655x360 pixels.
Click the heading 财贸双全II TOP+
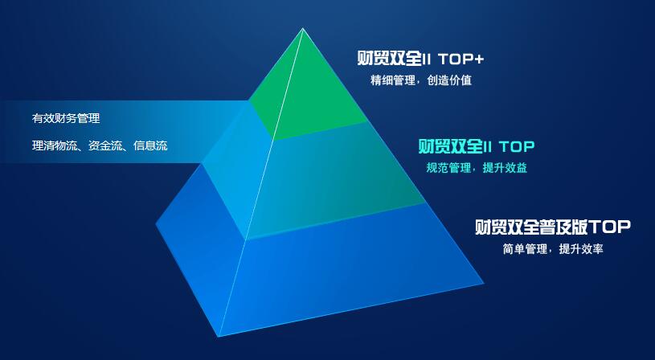tap(420, 59)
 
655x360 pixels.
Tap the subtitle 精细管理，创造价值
tap(421, 80)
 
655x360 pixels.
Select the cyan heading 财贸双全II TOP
tap(477, 146)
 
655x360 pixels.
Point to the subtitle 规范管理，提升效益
tap(477, 168)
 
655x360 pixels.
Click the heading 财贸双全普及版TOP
tap(553, 227)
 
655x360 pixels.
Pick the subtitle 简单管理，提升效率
tap(553, 249)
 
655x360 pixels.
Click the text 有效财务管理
tap(66, 118)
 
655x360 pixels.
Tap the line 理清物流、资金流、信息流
tap(100, 145)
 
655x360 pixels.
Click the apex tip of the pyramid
tap(303, 28)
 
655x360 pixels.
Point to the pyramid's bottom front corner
tap(218, 336)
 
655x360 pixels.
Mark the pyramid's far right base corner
tap(484, 284)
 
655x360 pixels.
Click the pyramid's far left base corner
tap(156, 224)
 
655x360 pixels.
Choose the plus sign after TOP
tap(478, 59)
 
